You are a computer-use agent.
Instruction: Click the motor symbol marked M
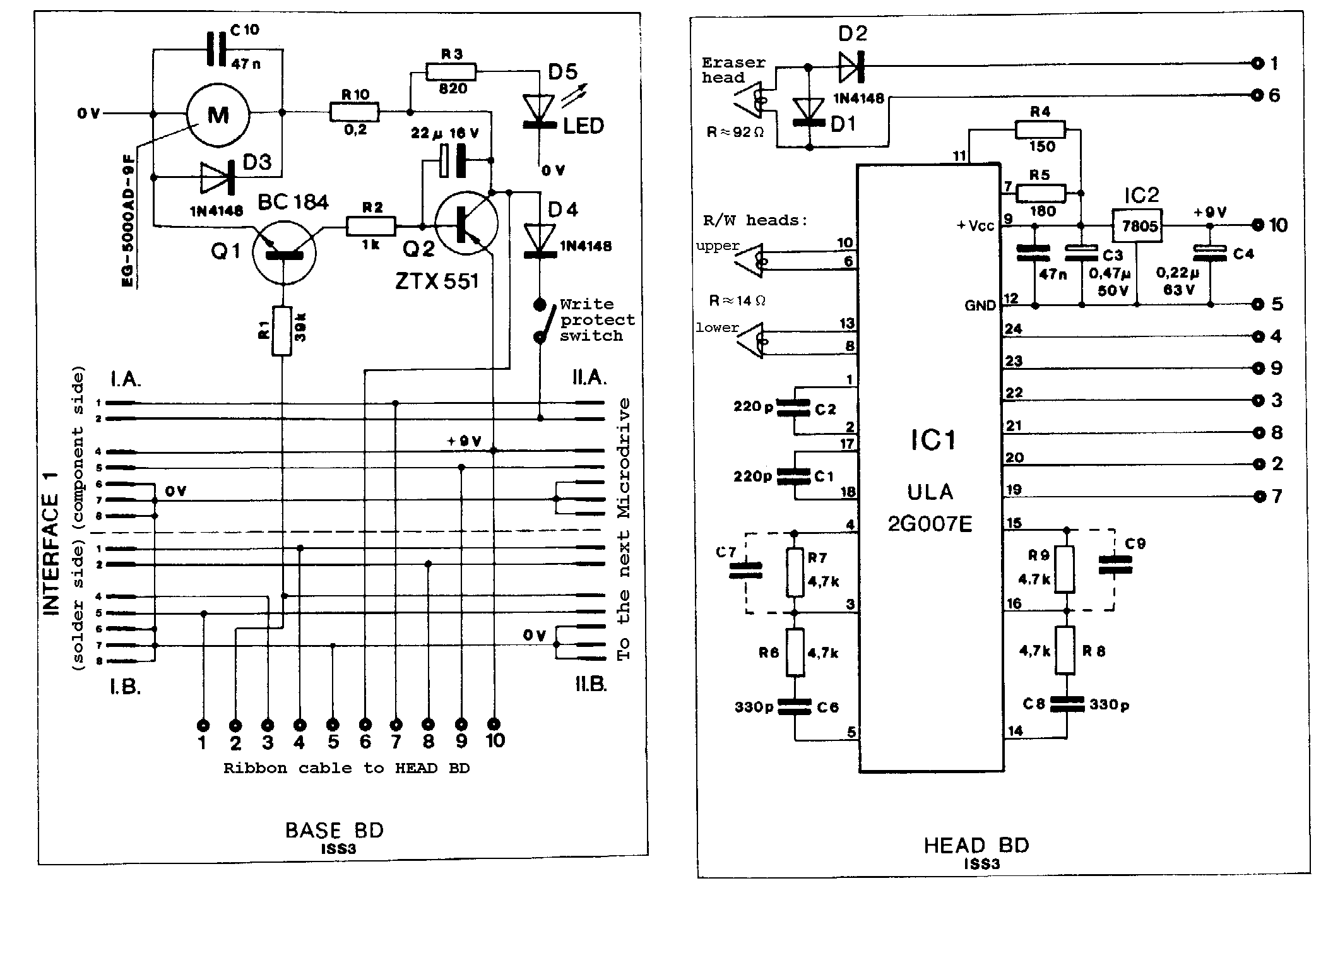point(218,114)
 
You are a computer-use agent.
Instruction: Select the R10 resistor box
point(354,113)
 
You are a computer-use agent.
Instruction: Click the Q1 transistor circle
point(283,252)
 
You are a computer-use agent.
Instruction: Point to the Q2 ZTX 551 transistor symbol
point(466,224)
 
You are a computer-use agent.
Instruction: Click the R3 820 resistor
point(451,72)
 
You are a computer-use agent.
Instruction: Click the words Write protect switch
point(596,320)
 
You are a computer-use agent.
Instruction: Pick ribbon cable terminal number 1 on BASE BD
point(203,725)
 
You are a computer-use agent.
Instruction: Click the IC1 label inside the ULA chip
point(932,440)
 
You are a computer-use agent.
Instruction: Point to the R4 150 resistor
point(1040,131)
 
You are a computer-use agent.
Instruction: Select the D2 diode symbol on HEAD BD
point(850,66)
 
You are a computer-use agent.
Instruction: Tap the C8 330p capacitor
point(1066,704)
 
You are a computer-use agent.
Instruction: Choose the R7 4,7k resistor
point(795,572)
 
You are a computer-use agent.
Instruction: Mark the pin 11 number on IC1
point(959,156)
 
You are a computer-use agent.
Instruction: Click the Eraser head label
point(733,70)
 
